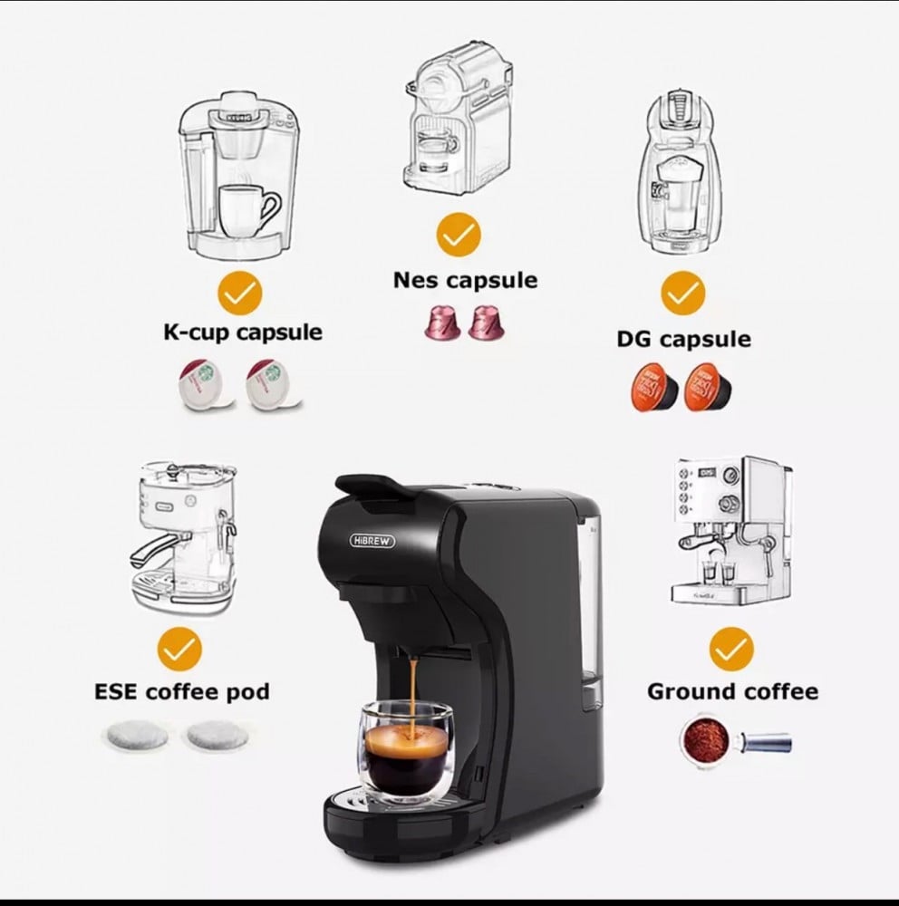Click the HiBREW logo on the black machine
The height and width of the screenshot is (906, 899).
pyautogui.click(x=372, y=541)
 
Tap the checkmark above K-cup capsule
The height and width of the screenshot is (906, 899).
pyautogui.click(x=240, y=294)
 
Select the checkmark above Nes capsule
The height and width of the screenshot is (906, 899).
pyautogui.click(x=459, y=235)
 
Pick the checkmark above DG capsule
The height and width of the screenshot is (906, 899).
pyautogui.click(x=682, y=294)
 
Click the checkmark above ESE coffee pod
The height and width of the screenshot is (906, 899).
pyautogui.click(x=179, y=650)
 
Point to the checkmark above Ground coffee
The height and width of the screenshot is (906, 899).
pyautogui.click(x=731, y=650)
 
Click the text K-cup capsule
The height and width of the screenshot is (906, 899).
pyautogui.click(x=243, y=333)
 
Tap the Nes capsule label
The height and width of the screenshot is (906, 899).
pyautogui.click(x=466, y=281)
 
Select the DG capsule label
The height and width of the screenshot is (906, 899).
pyautogui.click(x=684, y=339)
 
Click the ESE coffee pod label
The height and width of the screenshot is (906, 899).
pyautogui.click(x=182, y=691)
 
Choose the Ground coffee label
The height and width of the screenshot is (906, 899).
pyautogui.click(x=732, y=691)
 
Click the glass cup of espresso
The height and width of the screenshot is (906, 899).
pyautogui.click(x=406, y=752)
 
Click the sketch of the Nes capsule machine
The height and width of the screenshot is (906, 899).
pyautogui.click(x=459, y=119)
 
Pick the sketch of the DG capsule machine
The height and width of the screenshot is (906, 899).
pyautogui.click(x=681, y=172)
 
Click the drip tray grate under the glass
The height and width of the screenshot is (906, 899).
pyautogui.click(x=405, y=800)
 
